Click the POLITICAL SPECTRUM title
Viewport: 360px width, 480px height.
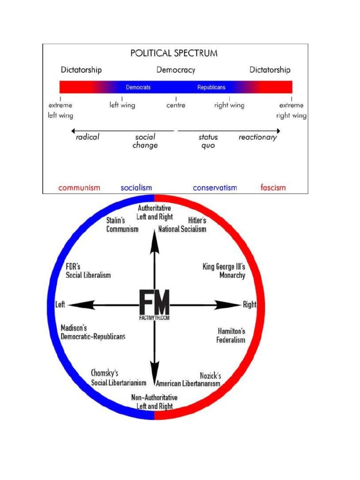click(174, 53)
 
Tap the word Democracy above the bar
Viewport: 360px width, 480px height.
click(176, 70)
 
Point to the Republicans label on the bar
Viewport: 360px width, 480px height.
click(211, 87)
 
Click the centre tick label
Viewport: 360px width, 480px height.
click(176, 105)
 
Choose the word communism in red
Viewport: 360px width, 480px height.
click(79, 188)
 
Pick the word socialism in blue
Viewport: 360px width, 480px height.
click(136, 188)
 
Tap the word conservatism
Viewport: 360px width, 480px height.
click(215, 188)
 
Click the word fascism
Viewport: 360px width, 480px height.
click(273, 188)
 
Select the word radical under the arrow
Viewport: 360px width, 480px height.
click(88, 138)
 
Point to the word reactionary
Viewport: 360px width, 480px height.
click(258, 138)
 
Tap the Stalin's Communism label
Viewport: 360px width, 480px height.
click(122, 225)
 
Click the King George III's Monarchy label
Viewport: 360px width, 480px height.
click(224, 271)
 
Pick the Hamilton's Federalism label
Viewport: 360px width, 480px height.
click(231, 335)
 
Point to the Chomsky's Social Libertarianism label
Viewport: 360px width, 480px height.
click(119, 378)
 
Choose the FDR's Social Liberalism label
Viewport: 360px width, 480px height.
click(88, 270)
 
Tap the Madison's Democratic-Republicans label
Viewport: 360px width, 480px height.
click(93, 332)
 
